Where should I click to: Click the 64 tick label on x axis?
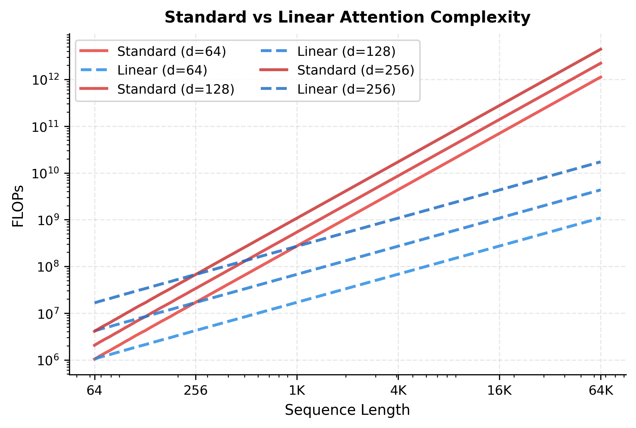tap(94, 391)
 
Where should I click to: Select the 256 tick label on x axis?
tap(196, 391)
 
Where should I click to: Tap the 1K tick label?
tap(297, 391)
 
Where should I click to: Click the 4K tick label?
tap(398, 391)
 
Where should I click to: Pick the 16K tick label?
tap(499, 391)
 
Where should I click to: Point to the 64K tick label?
tap(601, 391)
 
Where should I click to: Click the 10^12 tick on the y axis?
tap(46, 80)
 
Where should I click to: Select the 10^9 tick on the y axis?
tap(46, 220)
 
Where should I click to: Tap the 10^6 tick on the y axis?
tap(46, 360)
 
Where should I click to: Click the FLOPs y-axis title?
tap(18, 206)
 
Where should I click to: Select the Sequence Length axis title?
tap(347, 410)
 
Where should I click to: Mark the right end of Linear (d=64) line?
tap(601, 218)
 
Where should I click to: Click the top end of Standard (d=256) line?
tap(601, 49)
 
